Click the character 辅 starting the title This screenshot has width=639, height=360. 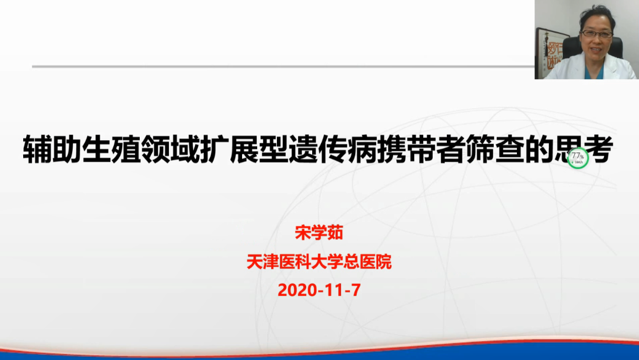[37, 149]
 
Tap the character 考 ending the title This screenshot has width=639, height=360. [598, 149]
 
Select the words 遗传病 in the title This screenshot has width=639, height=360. [332, 149]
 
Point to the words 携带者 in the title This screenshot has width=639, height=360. [421, 149]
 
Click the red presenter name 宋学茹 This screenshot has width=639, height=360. [319, 233]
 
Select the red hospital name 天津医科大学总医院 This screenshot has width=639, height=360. [319, 262]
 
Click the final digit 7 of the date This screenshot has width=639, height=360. [356, 290]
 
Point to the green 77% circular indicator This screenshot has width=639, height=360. [578, 158]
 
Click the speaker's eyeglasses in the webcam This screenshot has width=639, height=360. [597, 34]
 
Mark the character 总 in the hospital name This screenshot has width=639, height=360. [351, 262]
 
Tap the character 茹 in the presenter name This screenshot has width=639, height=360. [335, 233]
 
